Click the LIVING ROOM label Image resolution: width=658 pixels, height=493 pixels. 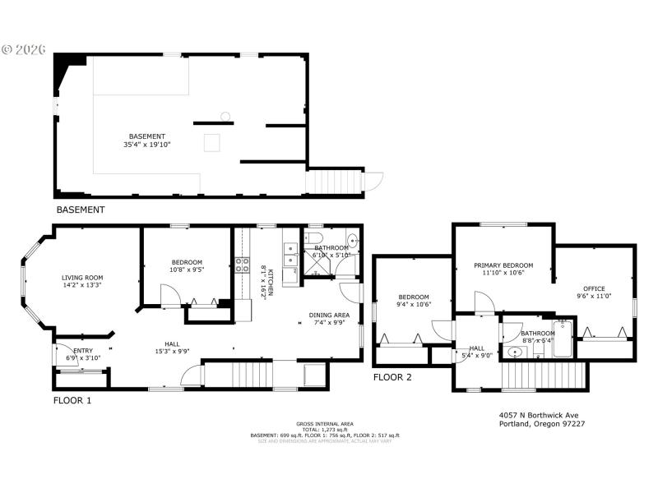point(82,278)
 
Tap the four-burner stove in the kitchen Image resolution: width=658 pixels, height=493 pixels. point(243,265)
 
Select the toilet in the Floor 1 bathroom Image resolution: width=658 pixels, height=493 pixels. point(352,241)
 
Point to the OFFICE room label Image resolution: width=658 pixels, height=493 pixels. point(594,288)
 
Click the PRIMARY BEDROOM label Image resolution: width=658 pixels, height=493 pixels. point(503,265)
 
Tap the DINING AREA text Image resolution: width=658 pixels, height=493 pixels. point(329,315)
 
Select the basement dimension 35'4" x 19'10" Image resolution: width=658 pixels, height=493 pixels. point(147,145)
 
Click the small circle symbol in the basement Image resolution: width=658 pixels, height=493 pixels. point(224,115)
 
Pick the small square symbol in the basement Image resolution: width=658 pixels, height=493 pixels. point(212,143)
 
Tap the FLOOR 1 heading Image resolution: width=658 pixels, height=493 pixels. point(72,401)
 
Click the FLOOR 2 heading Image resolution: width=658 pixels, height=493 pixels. point(392,378)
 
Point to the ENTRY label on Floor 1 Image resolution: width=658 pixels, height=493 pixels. point(83,350)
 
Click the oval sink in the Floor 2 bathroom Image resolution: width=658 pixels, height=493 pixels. point(515,352)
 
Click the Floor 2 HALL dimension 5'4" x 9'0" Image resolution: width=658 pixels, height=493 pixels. point(478,356)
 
